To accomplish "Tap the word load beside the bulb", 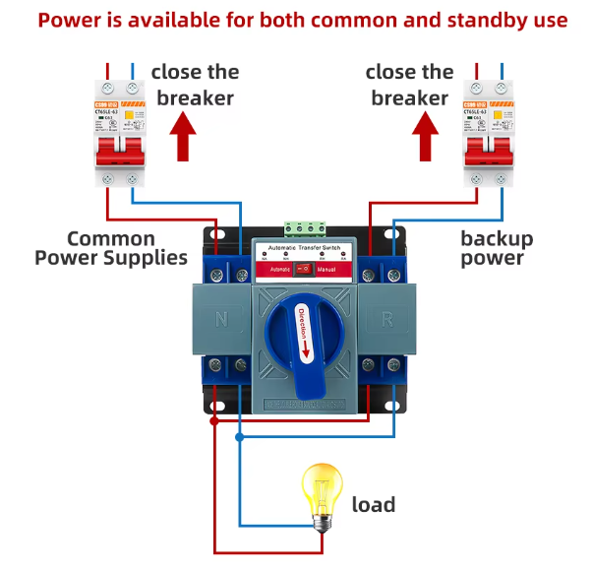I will pos(374,505).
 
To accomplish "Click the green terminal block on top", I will pos(305,228).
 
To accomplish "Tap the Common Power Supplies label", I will pos(111,248).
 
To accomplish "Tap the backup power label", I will pos(497,248).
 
